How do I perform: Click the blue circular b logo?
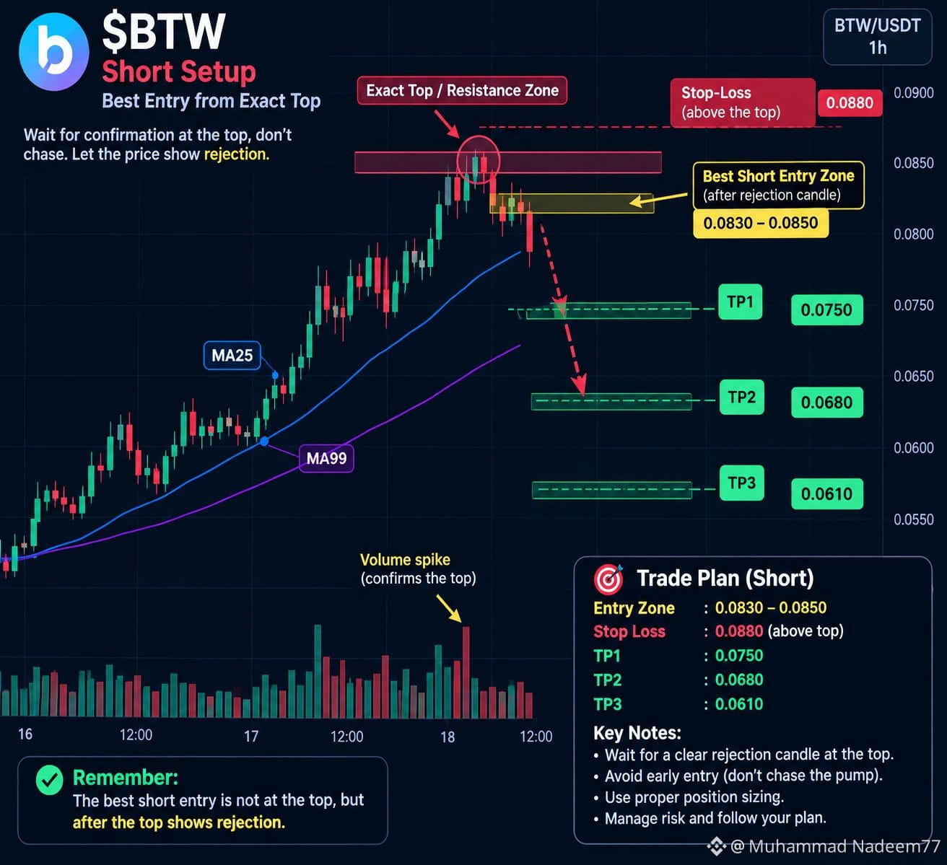point(54,51)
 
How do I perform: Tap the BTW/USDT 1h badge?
point(878,37)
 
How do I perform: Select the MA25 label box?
point(232,356)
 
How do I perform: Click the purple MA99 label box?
point(326,458)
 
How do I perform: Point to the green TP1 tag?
point(741,302)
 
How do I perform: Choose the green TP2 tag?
point(741,398)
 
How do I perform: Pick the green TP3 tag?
point(741,483)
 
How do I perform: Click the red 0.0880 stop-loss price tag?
point(850,102)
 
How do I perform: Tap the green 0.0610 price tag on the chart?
point(827,494)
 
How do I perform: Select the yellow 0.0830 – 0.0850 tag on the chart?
point(761,223)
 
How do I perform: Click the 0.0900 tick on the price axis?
point(914,92)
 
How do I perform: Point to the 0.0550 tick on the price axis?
point(914,519)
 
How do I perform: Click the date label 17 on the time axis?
point(251,736)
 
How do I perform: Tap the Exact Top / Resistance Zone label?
point(462,90)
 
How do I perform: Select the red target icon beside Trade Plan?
point(608,579)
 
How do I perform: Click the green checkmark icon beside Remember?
point(50,780)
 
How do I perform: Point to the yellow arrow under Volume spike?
point(448,608)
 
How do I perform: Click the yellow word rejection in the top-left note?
point(237,154)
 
